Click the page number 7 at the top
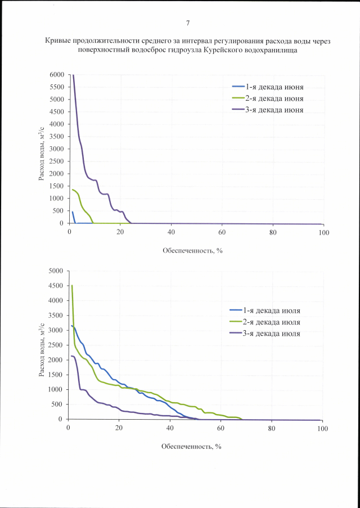click(187, 23)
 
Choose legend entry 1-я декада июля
click(272, 310)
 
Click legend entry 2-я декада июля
click(272, 322)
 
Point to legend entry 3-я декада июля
click(272, 334)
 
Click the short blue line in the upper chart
click(73, 217)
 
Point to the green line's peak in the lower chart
click(72, 286)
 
